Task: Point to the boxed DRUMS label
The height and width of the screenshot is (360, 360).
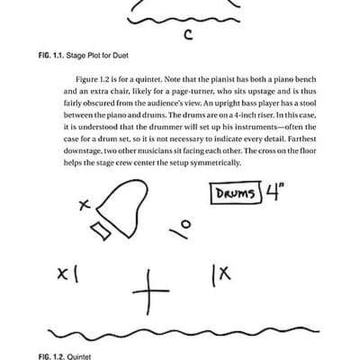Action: click(234, 193)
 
